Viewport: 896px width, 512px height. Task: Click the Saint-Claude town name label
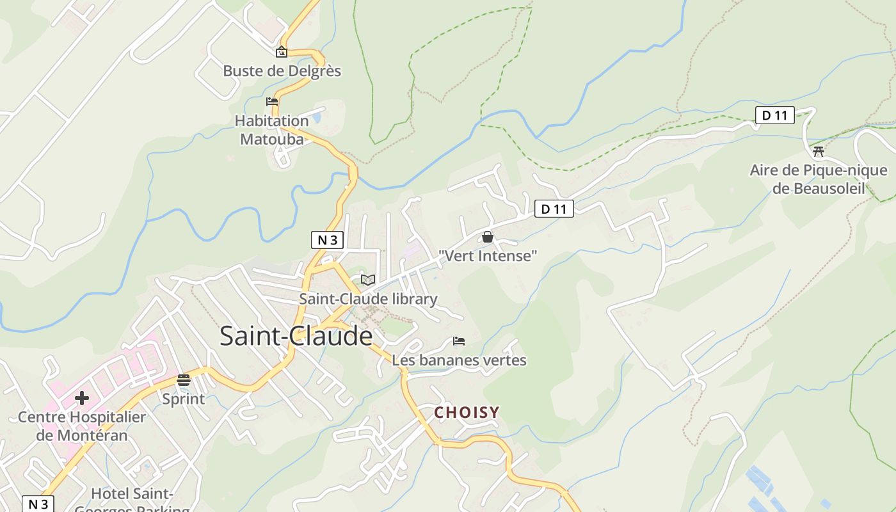[x=296, y=337]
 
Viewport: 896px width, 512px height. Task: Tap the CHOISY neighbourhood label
[x=467, y=413]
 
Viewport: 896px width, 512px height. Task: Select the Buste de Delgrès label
[x=282, y=71]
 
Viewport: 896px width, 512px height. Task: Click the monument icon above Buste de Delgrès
[x=281, y=52]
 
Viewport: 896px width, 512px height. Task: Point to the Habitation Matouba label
[x=271, y=129]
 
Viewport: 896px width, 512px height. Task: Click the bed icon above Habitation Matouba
[x=272, y=102]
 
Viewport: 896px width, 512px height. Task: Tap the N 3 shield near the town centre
[x=327, y=240]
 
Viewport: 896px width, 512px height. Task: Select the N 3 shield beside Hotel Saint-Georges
[x=38, y=504]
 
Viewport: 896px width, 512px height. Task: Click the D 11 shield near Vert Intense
[x=554, y=209]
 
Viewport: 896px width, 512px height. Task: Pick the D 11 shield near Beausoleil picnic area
[x=774, y=116]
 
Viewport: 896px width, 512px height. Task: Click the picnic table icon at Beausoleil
[x=818, y=152]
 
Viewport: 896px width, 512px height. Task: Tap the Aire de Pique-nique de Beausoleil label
[x=819, y=179]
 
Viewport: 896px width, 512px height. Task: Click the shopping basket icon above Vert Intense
[x=488, y=237]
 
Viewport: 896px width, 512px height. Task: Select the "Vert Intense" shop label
[x=488, y=256]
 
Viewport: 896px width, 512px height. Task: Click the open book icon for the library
[x=367, y=280]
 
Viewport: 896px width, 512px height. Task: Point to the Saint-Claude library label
[x=368, y=299]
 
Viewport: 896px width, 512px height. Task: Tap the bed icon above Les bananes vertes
[x=459, y=341]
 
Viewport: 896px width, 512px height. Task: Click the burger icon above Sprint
[x=184, y=380]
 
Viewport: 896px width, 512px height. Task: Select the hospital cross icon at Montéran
[x=82, y=398]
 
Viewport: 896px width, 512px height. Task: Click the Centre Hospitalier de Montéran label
[x=82, y=426]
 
